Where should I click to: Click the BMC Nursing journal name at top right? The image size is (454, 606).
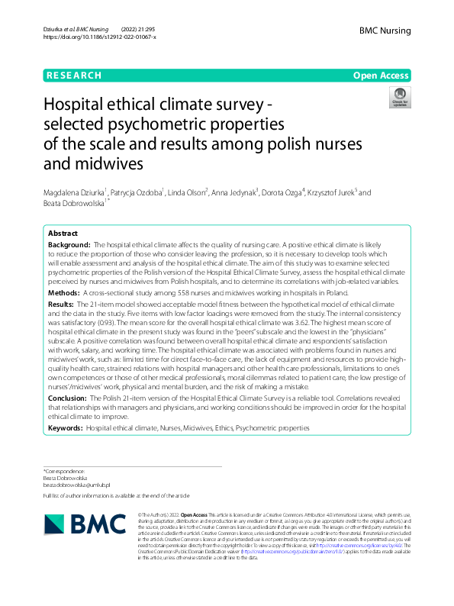click(x=385, y=31)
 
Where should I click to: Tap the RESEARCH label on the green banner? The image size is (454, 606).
click(x=73, y=76)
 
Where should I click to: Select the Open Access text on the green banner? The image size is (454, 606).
click(x=381, y=76)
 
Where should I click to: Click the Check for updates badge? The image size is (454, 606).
click(x=399, y=97)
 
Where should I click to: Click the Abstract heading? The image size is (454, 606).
click(x=63, y=233)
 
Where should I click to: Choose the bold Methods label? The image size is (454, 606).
click(x=63, y=292)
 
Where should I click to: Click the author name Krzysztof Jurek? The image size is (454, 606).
click(x=333, y=193)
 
